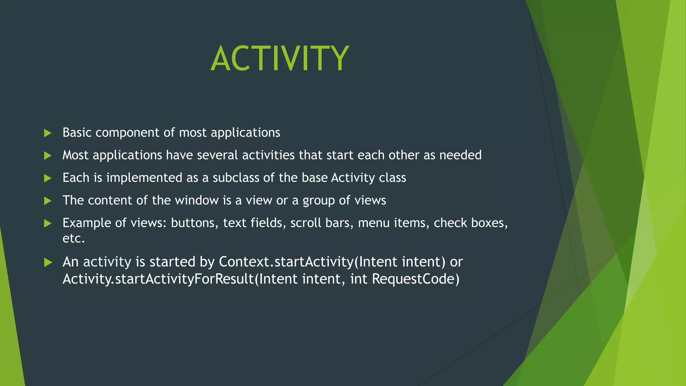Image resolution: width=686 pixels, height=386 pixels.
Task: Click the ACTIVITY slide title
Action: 280,59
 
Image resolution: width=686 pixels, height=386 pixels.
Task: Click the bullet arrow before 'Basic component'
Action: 48,133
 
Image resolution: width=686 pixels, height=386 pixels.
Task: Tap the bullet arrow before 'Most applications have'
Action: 48,155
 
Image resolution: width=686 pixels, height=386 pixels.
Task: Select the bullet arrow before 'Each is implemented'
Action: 48,178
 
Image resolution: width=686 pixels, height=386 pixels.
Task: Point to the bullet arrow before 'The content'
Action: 48,201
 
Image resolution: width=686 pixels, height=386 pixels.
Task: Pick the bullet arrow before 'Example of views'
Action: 48,223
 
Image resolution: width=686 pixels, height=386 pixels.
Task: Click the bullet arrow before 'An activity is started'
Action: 48,262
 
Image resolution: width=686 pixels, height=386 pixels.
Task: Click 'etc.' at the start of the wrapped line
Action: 73,239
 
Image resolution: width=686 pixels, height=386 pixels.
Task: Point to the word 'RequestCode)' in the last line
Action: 415,279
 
